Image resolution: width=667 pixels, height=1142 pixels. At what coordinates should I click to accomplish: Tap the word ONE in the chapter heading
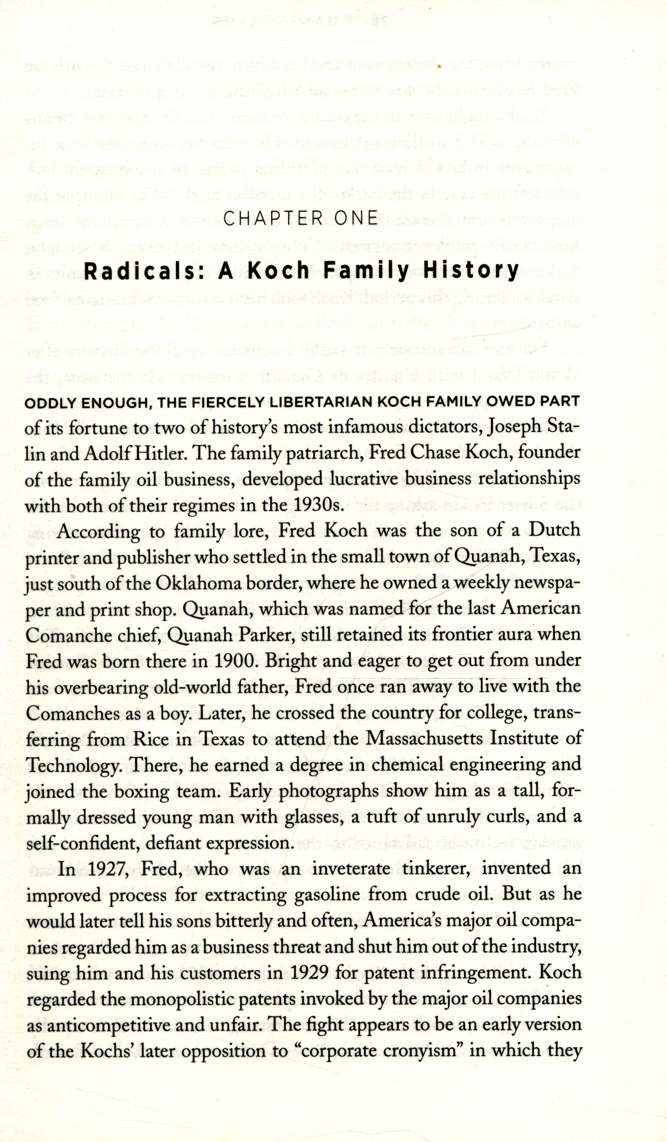[356, 218]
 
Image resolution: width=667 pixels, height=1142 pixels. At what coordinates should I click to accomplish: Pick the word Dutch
[554, 530]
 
